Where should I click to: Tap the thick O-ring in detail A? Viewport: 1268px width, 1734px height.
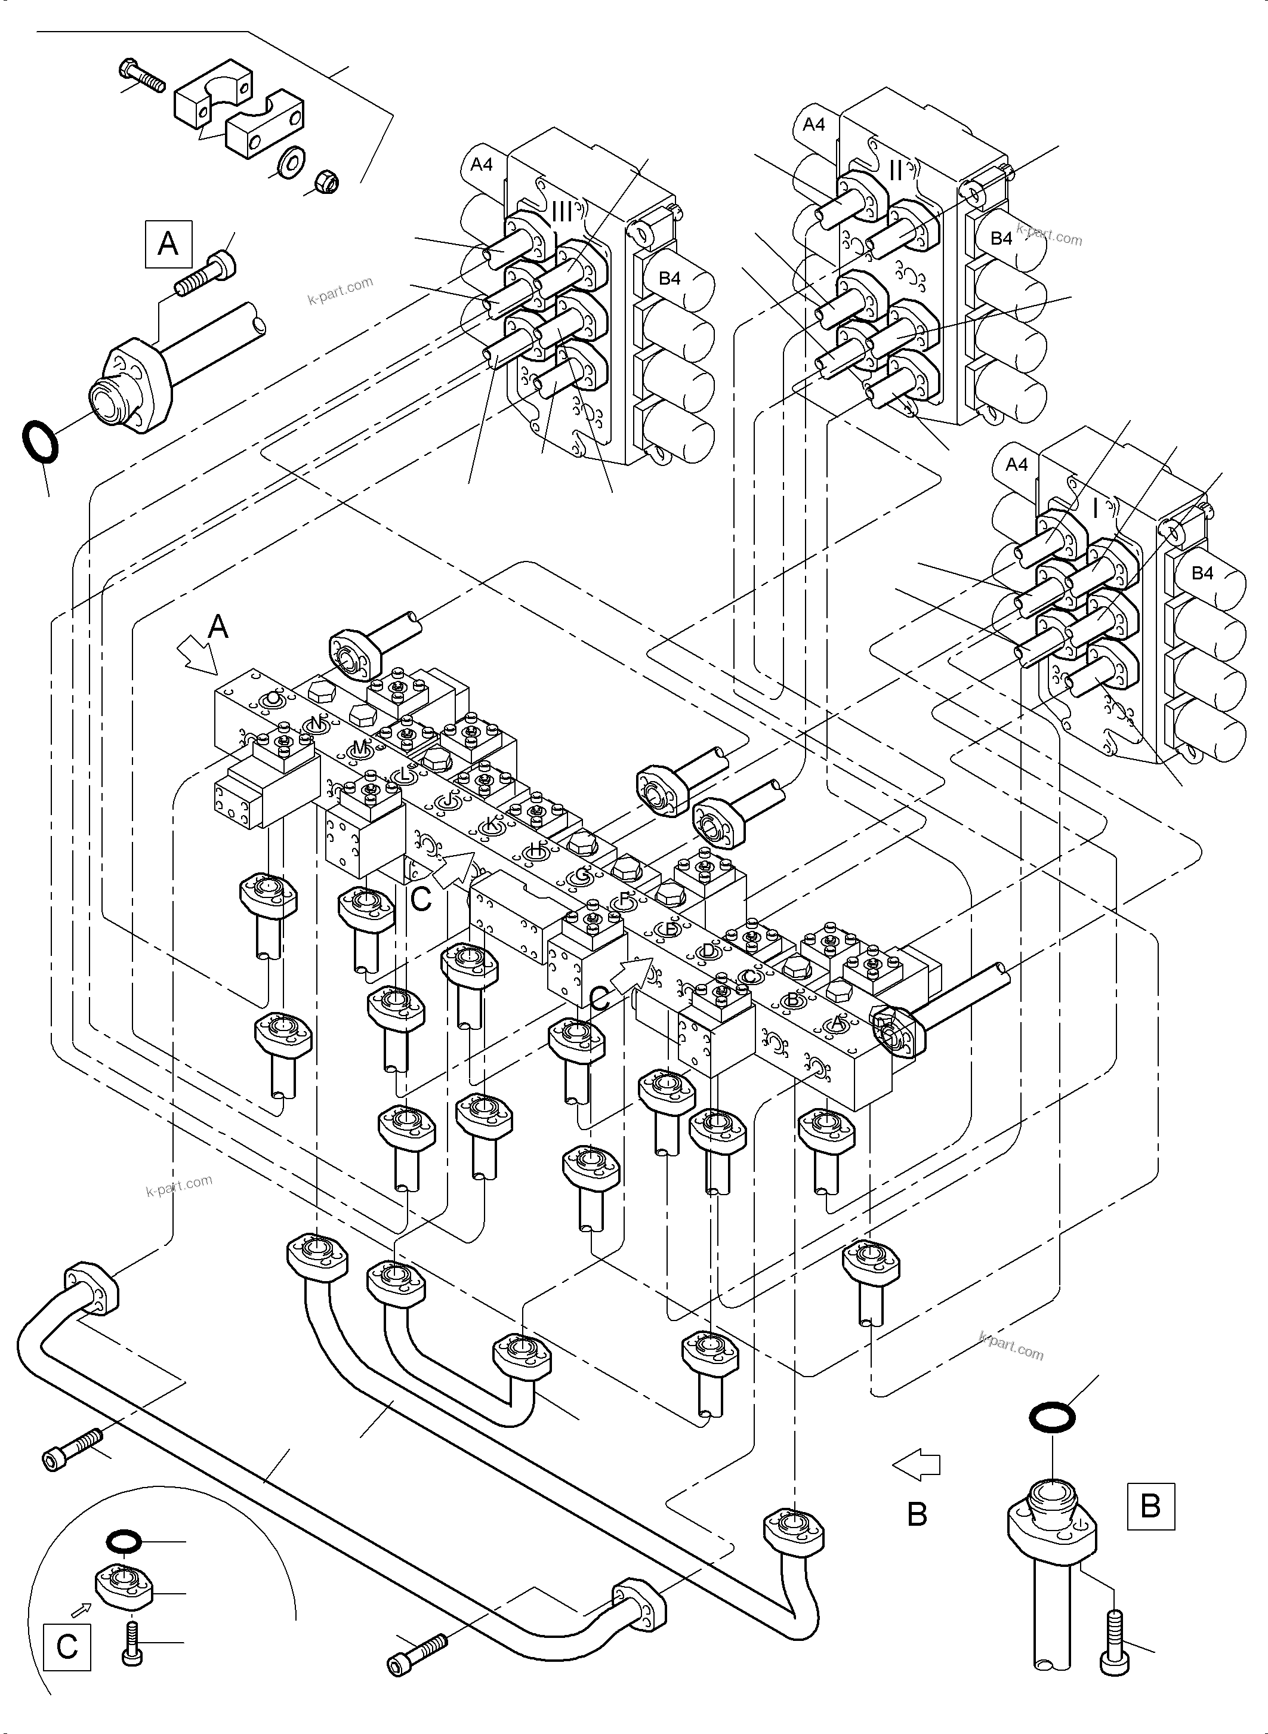(x=39, y=440)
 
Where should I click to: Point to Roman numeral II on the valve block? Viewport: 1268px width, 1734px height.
(x=895, y=171)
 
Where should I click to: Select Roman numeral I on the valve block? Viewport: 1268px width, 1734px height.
(x=1094, y=507)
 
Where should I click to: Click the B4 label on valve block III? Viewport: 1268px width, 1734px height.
(x=670, y=278)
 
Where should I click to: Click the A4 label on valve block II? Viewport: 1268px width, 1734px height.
(x=813, y=124)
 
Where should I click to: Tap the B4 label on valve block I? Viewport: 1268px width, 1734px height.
(x=1202, y=573)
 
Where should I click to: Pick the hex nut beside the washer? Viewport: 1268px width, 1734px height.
(x=329, y=182)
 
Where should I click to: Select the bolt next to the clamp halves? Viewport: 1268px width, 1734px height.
(x=142, y=78)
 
